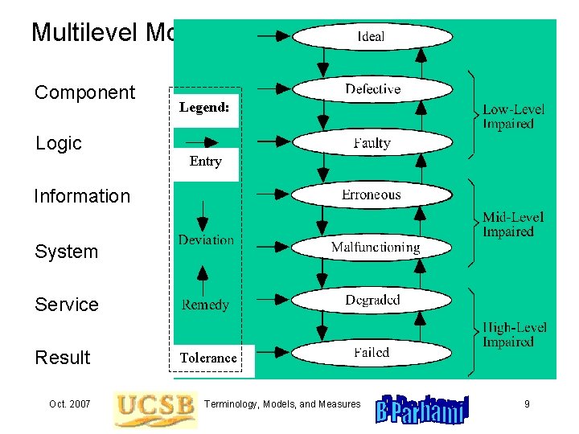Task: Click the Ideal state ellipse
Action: [372, 36]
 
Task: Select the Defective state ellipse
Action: [372, 89]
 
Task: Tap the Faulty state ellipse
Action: [372, 143]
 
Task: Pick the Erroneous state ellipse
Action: [372, 194]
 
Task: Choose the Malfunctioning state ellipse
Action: [375, 248]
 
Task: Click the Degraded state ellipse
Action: [372, 300]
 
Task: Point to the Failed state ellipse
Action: [372, 352]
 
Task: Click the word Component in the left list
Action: [84, 92]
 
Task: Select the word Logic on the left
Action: [59, 143]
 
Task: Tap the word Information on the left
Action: [81, 196]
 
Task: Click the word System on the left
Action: [66, 252]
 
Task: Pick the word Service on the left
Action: [67, 305]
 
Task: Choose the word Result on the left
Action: [63, 358]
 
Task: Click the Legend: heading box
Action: [204, 107]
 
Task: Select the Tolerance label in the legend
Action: [208, 358]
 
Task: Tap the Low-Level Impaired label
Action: [513, 117]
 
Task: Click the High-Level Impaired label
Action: [513, 334]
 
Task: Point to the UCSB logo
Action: [155, 407]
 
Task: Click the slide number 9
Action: [527, 403]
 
